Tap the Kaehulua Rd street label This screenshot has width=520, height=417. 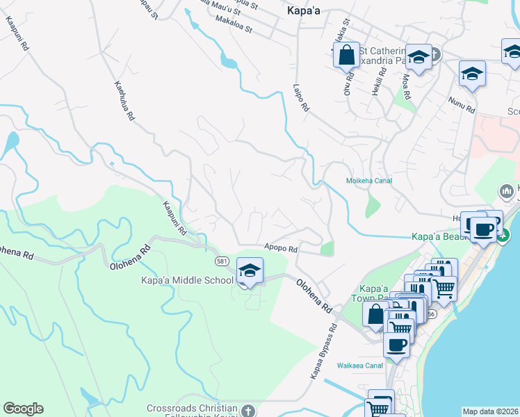[124, 101]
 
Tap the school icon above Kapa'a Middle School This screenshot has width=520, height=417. [249, 270]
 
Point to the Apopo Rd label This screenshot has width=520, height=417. [281, 248]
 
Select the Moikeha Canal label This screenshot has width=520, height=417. [369, 181]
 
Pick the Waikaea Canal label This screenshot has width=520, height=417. [360, 365]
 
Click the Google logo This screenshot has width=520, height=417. [23, 409]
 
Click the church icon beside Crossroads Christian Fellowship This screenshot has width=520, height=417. [249, 411]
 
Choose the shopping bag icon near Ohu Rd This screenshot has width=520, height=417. [346, 54]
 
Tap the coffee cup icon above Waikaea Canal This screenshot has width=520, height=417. [396, 345]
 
